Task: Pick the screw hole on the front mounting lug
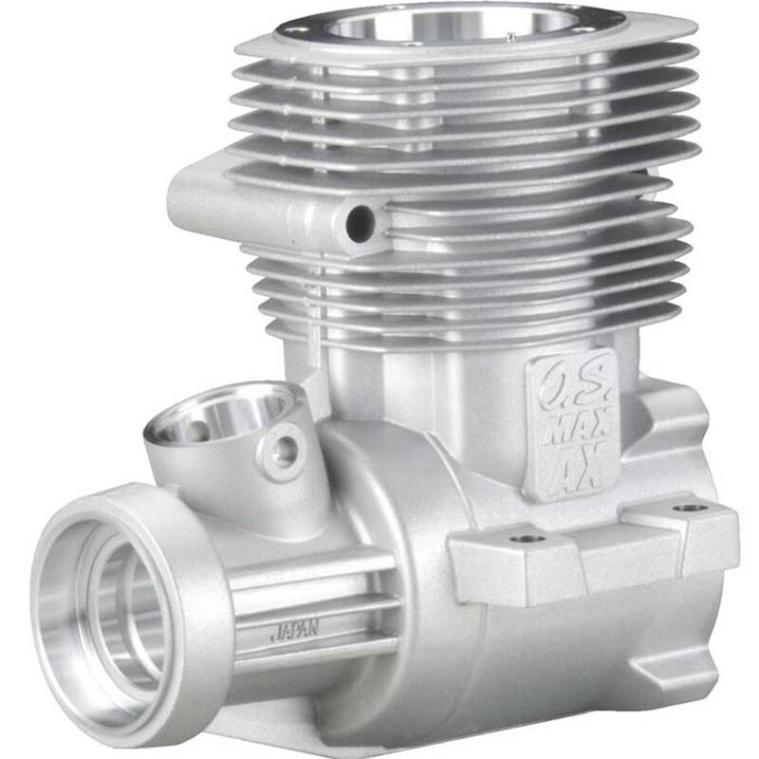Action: [x=528, y=539]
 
